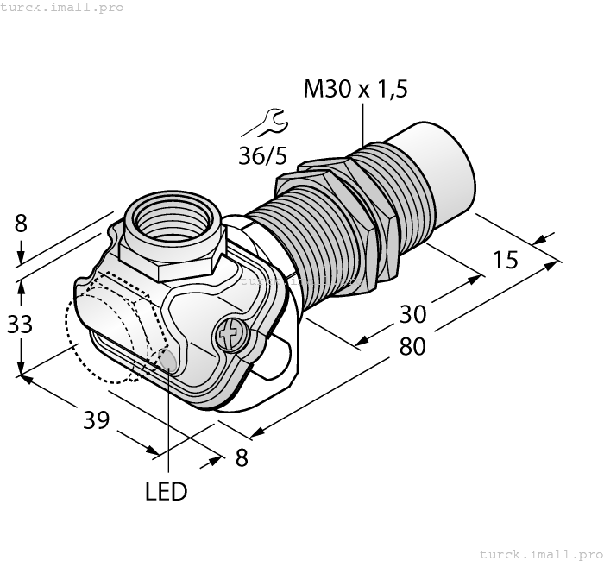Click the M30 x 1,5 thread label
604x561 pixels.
click(355, 88)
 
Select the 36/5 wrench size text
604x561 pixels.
click(264, 156)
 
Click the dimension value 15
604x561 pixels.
click(506, 259)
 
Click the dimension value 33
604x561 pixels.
click(19, 325)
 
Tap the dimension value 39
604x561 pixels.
click(97, 420)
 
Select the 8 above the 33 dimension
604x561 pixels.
click(21, 224)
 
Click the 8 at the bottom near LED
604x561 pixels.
click(242, 458)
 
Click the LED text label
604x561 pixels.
click(166, 492)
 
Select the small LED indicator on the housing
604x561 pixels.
click(168, 360)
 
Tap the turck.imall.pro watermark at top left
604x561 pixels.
click(63, 8)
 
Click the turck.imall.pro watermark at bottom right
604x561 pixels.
click(541, 553)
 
